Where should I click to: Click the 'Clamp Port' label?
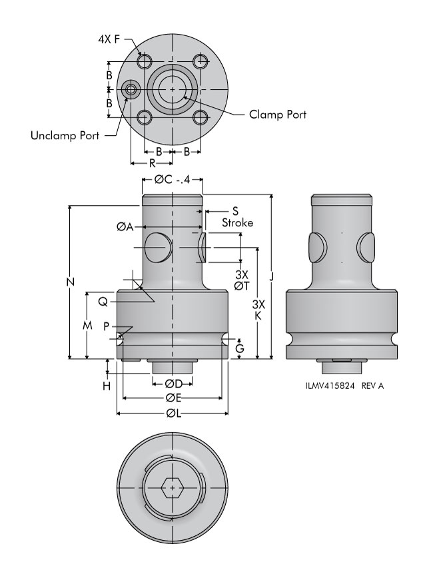point(278,115)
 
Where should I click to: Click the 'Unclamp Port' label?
point(65,136)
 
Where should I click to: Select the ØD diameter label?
point(173,384)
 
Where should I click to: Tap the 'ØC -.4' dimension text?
point(173,179)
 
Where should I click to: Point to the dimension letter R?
point(152,162)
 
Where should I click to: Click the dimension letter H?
point(107,385)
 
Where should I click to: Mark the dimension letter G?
point(240,348)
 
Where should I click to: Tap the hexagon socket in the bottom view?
point(173,489)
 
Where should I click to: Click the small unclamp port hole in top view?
point(131,89)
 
